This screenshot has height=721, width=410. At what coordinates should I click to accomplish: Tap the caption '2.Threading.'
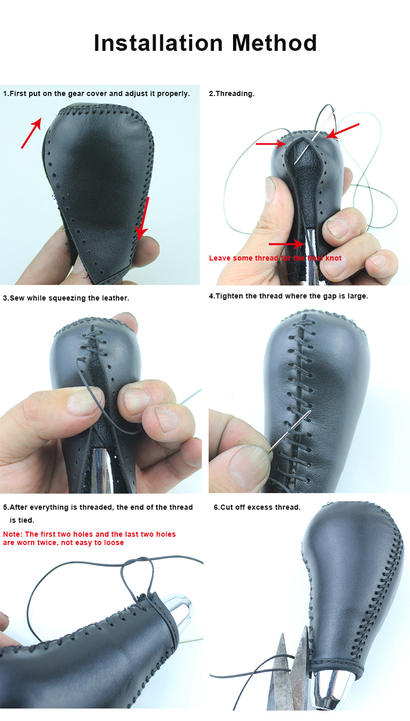(231, 94)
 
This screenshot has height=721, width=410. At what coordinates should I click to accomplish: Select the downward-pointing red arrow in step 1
(143, 218)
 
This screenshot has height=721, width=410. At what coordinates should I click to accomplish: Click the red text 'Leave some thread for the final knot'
(275, 258)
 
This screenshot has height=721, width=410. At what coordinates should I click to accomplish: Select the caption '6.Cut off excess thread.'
(257, 507)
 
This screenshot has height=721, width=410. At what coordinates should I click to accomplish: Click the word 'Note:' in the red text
(13, 534)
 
